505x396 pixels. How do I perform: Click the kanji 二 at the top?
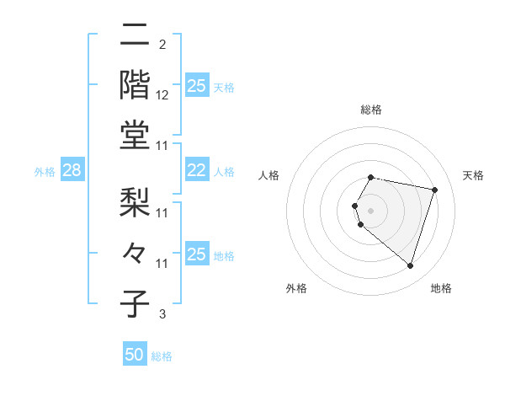tap(136, 36)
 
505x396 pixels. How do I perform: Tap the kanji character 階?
tap(136, 84)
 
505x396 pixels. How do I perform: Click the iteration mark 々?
tap(136, 252)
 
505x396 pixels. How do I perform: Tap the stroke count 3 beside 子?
tap(162, 315)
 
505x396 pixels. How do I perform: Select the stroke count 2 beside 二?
tap(162, 45)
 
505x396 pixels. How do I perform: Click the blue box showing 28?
tap(72, 171)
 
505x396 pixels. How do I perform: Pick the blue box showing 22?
tap(196, 171)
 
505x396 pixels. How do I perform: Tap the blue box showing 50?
tap(135, 356)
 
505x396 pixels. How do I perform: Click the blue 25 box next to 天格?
tap(196, 86)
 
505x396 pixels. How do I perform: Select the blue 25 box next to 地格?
tap(196, 254)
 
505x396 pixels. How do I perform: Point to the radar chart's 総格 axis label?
tap(371, 110)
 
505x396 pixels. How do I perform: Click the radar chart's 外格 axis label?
tap(296, 288)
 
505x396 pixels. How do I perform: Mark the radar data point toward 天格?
tap(434, 190)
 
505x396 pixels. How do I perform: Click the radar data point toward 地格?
tap(410, 266)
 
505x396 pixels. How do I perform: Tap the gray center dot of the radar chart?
tap(371, 210)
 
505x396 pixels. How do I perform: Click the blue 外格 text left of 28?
tap(45, 172)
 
